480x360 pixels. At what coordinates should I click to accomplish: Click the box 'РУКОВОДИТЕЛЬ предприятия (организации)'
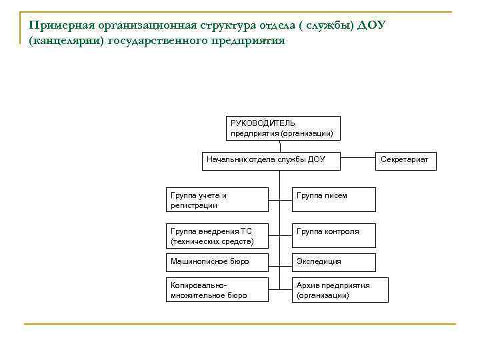coord(283,128)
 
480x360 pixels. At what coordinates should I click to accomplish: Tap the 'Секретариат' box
coord(405,160)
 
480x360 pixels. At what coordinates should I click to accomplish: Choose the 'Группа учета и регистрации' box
coord(217,200)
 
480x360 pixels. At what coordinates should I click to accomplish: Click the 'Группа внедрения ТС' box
coord(217,235)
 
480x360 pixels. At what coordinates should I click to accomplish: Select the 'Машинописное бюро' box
coord(217,262)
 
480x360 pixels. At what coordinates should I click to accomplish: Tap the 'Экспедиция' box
coord(333,262)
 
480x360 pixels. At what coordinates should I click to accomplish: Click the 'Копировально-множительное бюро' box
coord(217,289)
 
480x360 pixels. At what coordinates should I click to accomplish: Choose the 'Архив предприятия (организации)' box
coord(333,289)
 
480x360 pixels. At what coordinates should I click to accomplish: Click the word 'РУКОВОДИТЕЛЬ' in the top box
coord(263,123)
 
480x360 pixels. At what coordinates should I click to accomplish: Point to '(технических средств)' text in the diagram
coord(212,241)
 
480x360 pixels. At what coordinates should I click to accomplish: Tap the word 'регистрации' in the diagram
coord(194,205)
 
